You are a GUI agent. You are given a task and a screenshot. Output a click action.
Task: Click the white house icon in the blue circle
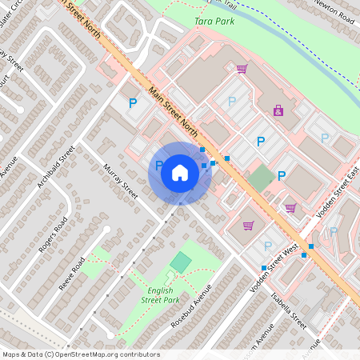pos(180,173)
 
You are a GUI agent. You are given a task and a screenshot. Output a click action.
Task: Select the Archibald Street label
pos(56,166)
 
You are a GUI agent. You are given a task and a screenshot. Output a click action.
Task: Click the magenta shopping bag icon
pos(278,110)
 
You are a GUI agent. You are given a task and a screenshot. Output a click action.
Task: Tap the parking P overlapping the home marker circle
pos(159,166)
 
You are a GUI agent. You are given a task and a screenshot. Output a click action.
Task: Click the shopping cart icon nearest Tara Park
pos(241,69)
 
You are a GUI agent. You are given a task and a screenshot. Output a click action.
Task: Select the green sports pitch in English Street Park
pos(182,262)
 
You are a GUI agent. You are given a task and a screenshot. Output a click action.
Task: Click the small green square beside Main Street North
pos(260,178)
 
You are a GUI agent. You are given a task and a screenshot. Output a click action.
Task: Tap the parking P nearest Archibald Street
pos(134,102)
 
